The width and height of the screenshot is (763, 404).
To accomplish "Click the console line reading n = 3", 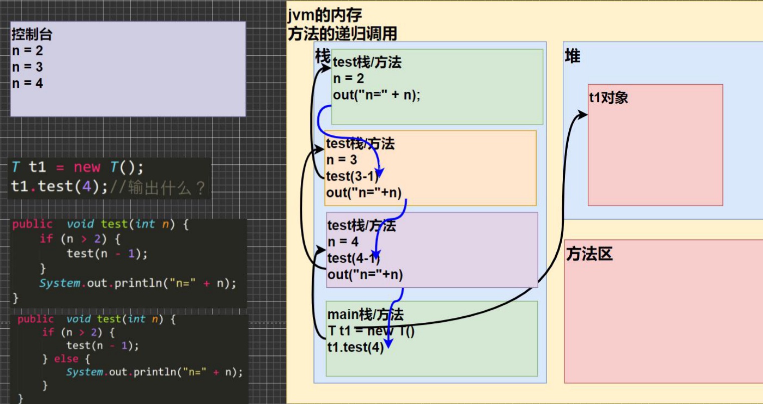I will pos(28,67).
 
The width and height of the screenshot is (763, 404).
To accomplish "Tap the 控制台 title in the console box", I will pos(32,35).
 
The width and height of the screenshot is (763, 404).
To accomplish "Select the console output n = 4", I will pos(28,83).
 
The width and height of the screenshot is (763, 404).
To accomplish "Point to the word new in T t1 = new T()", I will pos(87,167).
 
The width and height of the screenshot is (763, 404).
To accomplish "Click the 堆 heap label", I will pos(572,56).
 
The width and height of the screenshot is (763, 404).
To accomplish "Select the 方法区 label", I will pos(589,254).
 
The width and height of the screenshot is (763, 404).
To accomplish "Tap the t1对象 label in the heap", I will pos(608,97).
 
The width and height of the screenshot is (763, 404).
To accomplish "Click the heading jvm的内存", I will pos(324,16).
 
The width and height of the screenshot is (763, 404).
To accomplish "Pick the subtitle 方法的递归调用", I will pos(342,34).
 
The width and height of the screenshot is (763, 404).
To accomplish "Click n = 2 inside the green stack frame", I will pos(348,79).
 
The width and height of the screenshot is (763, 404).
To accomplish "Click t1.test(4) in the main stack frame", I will pos(355,347).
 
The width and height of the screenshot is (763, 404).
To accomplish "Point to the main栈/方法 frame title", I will pos(365,314).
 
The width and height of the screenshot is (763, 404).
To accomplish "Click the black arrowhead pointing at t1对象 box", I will pos(583,115).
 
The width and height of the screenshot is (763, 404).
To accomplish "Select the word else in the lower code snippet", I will pos(66,359).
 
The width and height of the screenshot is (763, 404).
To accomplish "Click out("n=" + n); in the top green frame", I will pos(376,95).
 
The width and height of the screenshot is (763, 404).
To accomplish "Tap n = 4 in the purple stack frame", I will pos(343,242).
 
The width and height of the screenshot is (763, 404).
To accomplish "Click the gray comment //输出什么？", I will pos(157,188).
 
